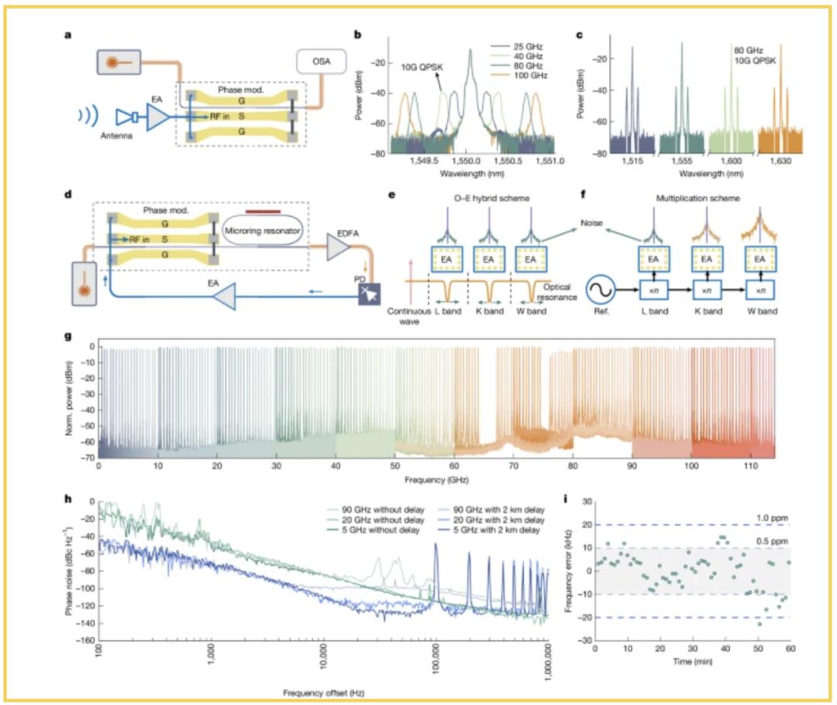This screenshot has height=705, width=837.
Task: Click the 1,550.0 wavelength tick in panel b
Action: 466,163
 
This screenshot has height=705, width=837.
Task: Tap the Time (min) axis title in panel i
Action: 691,662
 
